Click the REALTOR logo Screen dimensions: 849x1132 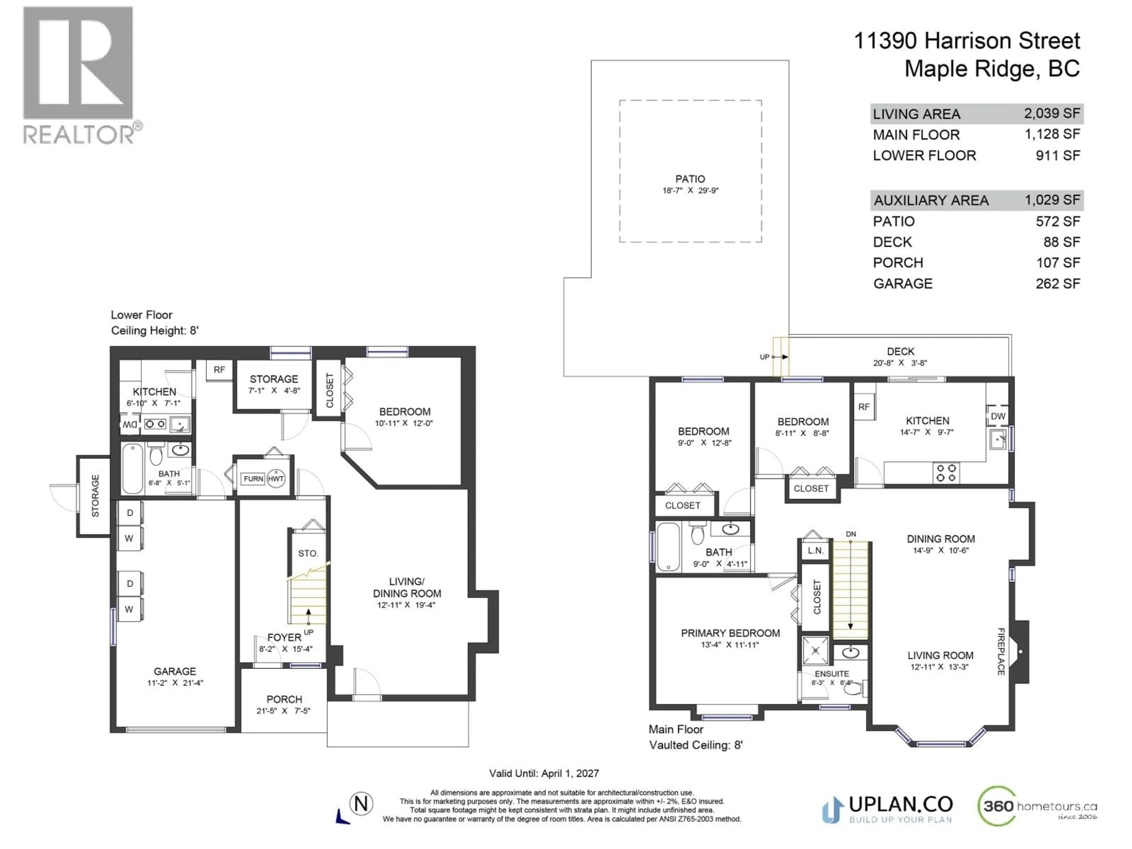[79, 74]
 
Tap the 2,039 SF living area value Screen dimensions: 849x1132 [1052, 113]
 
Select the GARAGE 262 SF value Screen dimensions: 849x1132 [1057, 284]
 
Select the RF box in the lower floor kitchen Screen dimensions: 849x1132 [219, 369]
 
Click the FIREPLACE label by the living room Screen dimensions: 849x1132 [1001, 651]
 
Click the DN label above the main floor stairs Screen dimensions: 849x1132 [850, 534]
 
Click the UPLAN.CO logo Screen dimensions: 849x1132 [888, 809]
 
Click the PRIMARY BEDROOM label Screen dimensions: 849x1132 [730, 633]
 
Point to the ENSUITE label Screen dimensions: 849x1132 [832, 674]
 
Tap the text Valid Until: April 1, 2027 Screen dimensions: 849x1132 [544, 773]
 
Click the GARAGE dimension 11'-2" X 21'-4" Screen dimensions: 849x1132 [175, 683]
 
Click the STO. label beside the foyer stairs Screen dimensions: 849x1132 [308, 553]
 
